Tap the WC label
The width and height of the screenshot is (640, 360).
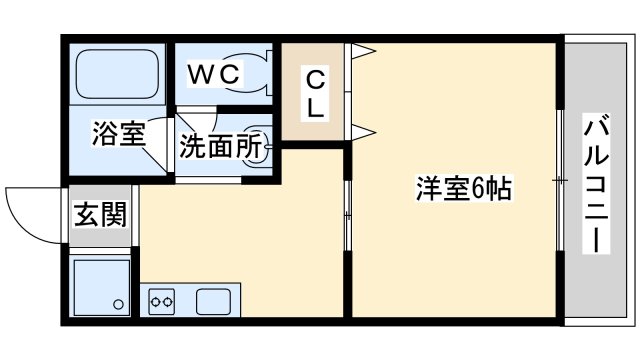(214, 72)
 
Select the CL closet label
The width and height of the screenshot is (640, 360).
(314, 92)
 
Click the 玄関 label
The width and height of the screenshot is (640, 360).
(100, 216)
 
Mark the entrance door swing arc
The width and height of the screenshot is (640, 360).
(30, 212)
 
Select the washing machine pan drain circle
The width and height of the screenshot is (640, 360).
(118, 303)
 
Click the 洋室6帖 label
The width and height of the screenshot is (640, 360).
(462, 187)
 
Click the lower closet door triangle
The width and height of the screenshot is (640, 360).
(361, 130)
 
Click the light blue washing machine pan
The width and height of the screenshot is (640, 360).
(102, 285)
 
